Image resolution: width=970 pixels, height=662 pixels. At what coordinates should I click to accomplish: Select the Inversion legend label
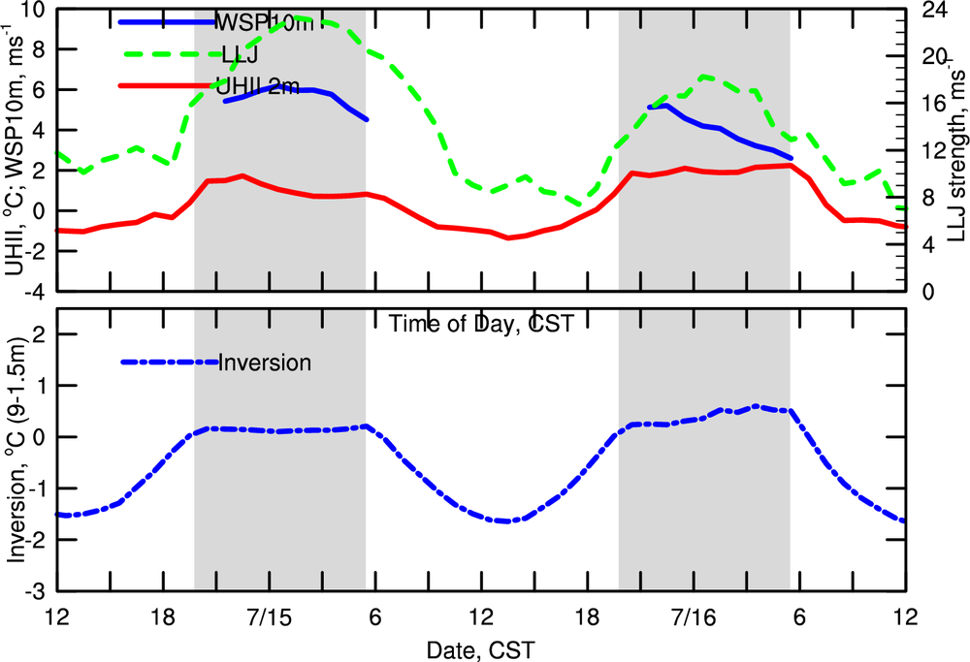[x=265, y=363]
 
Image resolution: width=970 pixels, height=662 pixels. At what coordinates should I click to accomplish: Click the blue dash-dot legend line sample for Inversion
[x=169, y=363]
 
